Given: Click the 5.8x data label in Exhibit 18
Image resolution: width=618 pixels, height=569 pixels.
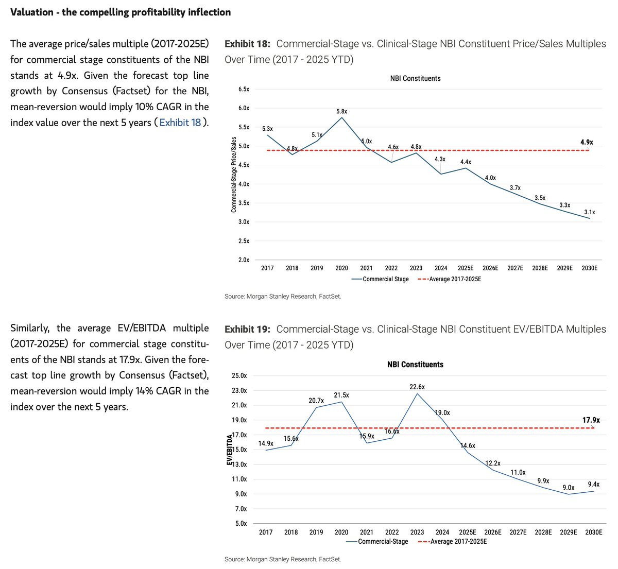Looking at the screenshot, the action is [341, 112].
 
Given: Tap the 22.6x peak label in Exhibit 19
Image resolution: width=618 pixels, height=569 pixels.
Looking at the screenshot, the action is [417, 387].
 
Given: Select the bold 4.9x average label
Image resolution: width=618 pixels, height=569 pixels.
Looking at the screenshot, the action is [587, 142].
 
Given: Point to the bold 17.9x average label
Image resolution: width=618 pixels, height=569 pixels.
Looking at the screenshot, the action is [591, 420].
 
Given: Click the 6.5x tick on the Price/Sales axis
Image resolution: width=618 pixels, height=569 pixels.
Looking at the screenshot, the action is [244, 89].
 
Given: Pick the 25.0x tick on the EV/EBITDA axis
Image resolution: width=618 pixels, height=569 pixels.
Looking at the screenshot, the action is [239, 375].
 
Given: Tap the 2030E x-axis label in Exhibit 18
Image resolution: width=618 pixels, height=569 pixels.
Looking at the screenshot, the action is [589, 268].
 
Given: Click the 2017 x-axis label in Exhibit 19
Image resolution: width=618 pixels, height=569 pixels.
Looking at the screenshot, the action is [266, 532].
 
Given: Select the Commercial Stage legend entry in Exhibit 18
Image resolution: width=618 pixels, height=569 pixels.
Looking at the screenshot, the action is [380, 279].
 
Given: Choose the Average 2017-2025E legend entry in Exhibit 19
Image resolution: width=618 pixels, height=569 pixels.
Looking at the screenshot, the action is [452, 541].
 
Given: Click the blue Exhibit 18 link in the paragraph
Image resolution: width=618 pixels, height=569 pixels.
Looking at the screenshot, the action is [180, 123].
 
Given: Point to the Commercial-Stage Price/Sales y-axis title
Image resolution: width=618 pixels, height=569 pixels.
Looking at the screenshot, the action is [233, 175].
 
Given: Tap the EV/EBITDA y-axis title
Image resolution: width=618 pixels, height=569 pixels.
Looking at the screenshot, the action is [229, 450].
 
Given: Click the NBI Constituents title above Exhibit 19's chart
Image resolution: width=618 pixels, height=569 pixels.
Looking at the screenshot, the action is [415, 365].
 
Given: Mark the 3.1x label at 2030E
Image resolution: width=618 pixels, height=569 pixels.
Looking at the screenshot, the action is [589, 212].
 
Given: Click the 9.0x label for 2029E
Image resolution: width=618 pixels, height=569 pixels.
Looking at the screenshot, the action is [569, 488].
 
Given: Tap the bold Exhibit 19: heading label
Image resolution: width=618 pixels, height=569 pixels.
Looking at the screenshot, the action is [247, 329].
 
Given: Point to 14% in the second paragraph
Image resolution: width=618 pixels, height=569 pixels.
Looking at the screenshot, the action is [144, 391].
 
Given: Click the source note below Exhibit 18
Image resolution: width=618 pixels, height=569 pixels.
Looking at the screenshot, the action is [283, 297].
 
